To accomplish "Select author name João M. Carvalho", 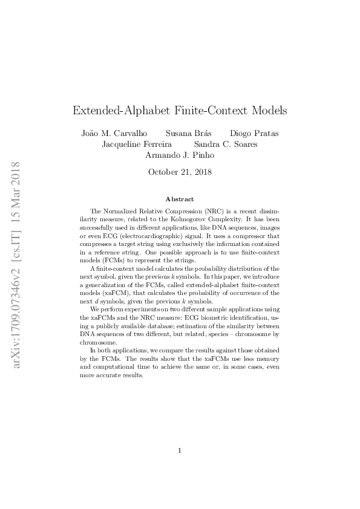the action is pos(114,133).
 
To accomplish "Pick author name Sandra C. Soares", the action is pos(226,144).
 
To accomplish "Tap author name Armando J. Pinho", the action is pos(180,155).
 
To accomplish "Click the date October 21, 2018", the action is pos(180,172).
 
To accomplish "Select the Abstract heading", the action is pos(180,199).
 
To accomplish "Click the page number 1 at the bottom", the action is pos(180,450).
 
